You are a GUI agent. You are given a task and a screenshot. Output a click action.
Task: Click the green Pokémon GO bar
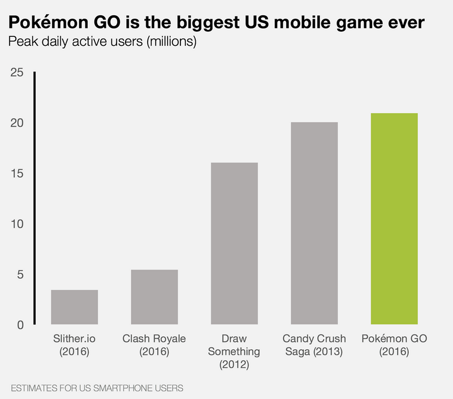pos(394,219)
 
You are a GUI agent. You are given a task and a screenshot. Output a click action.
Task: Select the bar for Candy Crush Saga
pos(314,224)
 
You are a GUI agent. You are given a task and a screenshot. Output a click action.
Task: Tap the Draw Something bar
pos(234,243)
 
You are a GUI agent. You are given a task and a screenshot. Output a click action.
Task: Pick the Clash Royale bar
pos(154,297)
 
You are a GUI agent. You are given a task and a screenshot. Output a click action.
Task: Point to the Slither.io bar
pos(74,307)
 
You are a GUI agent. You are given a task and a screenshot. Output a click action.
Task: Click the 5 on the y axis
pos(19,274)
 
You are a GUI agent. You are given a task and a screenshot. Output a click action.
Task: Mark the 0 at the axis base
pos(19,325)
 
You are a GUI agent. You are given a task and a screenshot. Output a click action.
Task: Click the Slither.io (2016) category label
pos(74,345)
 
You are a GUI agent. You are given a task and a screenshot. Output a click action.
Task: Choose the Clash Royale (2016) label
pos(154,345)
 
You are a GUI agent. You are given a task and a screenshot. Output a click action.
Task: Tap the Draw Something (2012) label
pos(234,351)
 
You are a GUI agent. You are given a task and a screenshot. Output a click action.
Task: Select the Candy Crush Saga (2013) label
pos(314,345)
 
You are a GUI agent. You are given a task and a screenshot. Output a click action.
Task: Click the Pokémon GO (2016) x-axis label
pos(394,345)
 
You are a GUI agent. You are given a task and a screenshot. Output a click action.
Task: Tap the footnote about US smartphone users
pos(97,389)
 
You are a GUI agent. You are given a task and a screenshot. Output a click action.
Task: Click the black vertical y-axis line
pos(34,198)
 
